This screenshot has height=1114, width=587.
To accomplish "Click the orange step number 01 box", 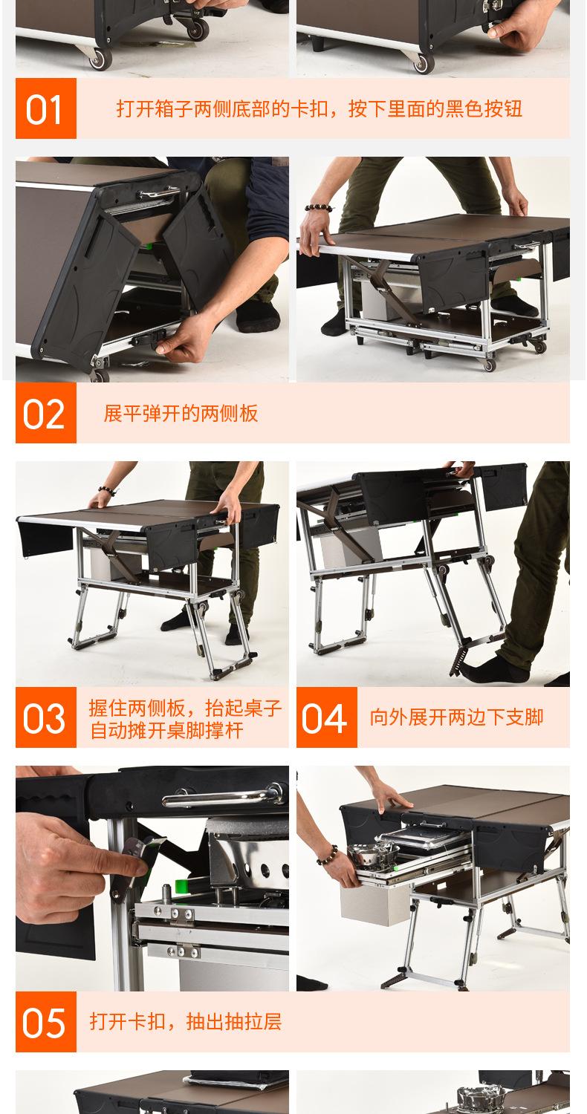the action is coord(46,108).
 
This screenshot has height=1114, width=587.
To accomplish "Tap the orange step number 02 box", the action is coord(46,413).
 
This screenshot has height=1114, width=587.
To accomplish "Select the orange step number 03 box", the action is coord(46,717).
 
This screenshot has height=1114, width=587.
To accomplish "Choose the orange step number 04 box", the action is coord(326,717).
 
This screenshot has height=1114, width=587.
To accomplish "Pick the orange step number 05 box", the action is coord(46,1021).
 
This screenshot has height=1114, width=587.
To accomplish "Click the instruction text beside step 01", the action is coord(319,108).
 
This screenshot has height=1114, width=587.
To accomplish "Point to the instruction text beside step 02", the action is coord(181,413).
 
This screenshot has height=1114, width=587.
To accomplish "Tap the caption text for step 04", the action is coord(456,717).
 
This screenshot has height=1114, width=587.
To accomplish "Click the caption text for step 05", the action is coord(186,1022).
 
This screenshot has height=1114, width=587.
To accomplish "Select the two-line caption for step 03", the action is coord(185,719).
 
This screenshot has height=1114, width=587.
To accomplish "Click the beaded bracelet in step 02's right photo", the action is coord(318,207).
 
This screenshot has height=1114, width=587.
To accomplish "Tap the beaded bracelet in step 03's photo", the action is coord(107,491).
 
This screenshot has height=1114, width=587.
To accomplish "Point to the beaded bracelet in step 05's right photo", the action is coord(327,856).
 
